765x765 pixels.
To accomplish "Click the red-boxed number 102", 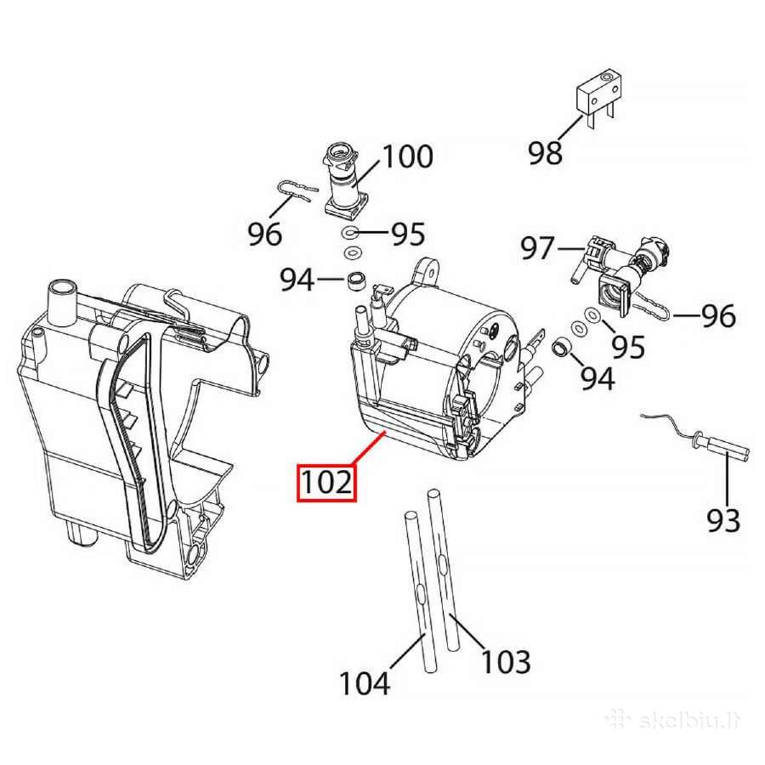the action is click(x=326, y=483).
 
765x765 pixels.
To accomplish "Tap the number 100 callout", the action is click(x=408, y=156).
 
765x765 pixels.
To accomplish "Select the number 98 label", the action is click(x=546, y=152).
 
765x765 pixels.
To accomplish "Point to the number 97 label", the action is click(x=538, y=248).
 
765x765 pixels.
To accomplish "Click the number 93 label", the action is click(x=723, y=520).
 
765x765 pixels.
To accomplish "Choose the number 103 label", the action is click(x=506, y=662).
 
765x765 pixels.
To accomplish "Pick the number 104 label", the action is click(x=365, y=683).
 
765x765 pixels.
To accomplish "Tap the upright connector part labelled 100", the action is click(x=344, y=180).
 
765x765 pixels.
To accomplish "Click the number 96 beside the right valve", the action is click(x=718, y=316).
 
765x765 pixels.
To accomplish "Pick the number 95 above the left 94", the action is click(x=408, y=234).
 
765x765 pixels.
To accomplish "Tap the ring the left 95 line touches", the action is click(x=349, y=233).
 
